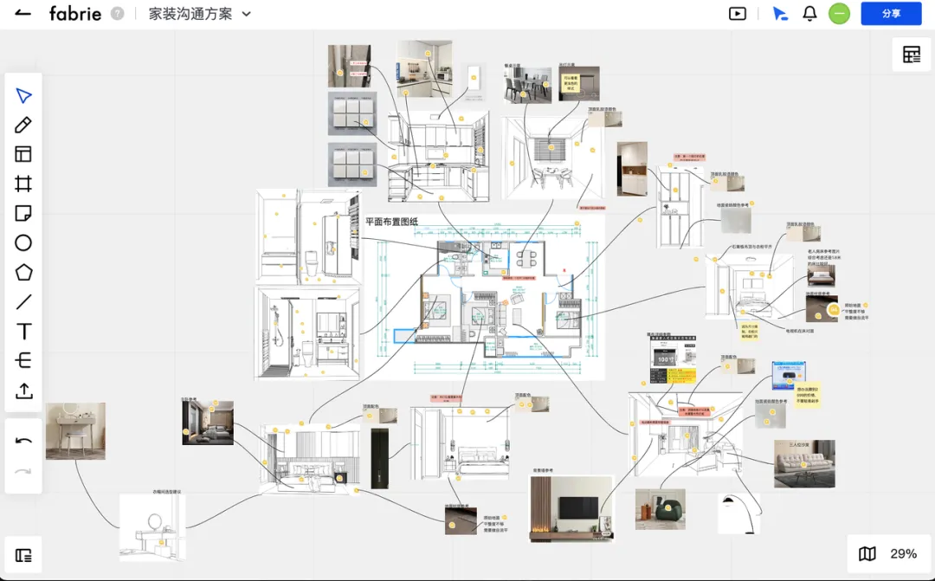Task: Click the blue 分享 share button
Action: pyautogui.click(x=891, y=14)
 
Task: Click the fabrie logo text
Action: pyautogui.click(x=75, y=14)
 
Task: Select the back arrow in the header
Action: pyautogui.click(x=23, y=14)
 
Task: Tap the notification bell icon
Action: pyautogui.click(x=809, y=14)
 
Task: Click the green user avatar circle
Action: pyautogui.click(x=839, y=14)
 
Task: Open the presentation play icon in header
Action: pyautogui.click(x=738, y=14)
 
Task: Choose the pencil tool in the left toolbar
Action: pyautogui.click(x=23, y=125)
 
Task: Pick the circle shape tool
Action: pyautogui.click(x=23, y=243)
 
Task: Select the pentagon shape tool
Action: pyautogui.click(x=23, y=273)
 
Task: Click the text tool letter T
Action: pyautogui.click(x=23, y=332)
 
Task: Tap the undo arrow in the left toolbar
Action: pyautogui.click(x=23, y=441)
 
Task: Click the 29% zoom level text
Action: pyautogui.click(x=903, y=554)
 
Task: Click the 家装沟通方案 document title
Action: pyautogui.click(x=190, y=14)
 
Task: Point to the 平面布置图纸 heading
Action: pyautogui.click(x=391, y=222)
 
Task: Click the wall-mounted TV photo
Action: pyautogui.click(x=571, y=508)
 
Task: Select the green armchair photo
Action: pyautogui.click(x=660, y=509)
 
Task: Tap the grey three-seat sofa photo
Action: pyautogui.click(x=804, y=463)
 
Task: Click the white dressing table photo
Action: pyautogui.click(x=75, y=430)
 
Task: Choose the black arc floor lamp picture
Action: pyautogui.click(x=738, y=513)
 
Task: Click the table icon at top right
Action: pyautogui.click(x=912, y=55)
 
